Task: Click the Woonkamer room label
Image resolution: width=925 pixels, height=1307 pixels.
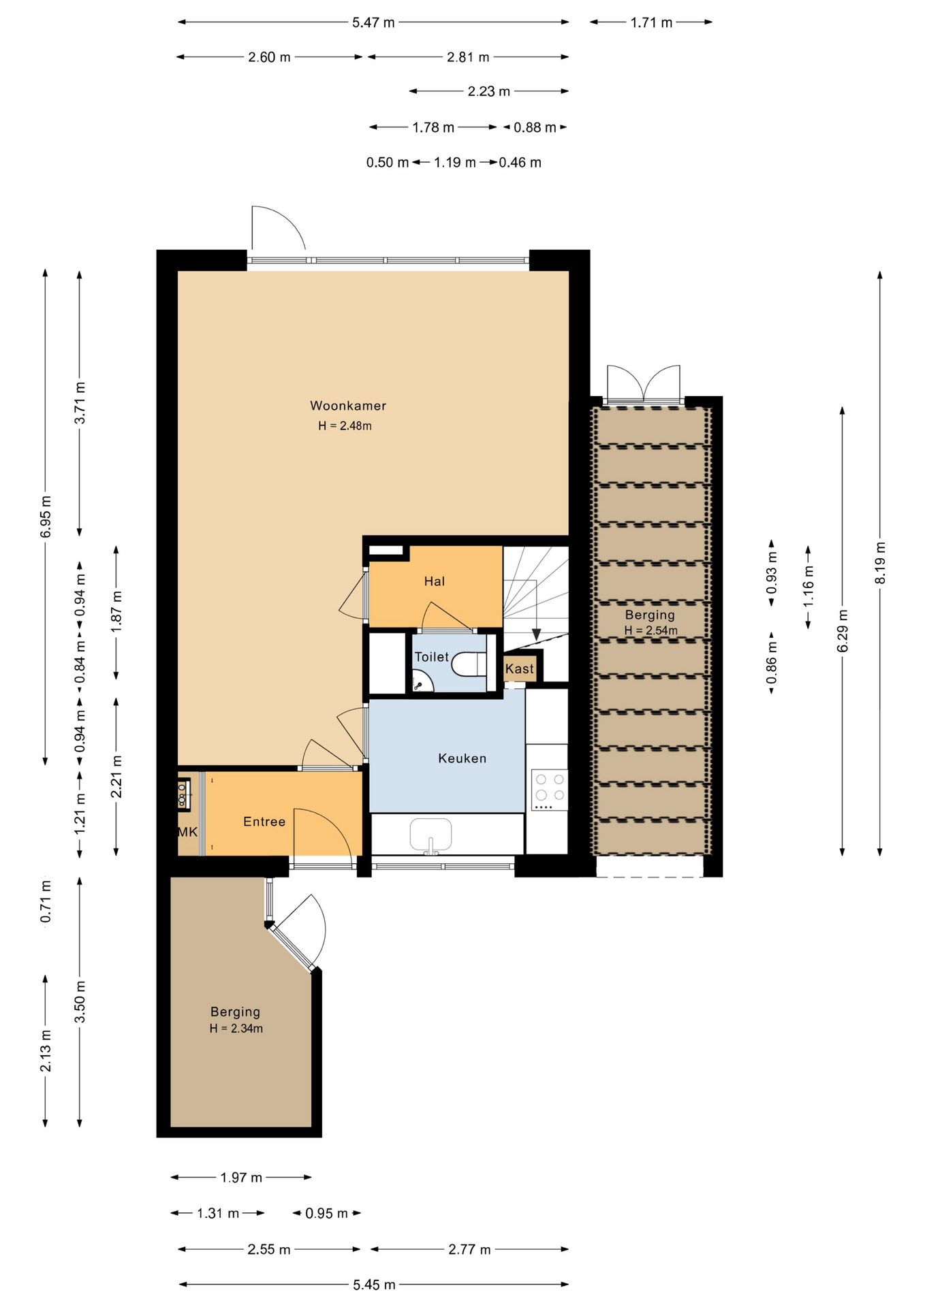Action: [348, 406]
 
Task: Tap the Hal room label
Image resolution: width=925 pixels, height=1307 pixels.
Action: [435, 581]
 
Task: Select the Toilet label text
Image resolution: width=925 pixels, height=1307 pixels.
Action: [432, 657]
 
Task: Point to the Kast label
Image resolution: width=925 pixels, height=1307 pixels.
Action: [520, 669]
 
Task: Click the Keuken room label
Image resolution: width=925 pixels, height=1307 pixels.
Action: [462, 758]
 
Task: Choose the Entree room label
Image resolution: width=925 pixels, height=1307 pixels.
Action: [264, 822]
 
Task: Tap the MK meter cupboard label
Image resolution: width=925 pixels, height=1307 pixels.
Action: [187, 832]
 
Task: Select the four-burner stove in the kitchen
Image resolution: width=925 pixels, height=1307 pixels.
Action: [550, 790]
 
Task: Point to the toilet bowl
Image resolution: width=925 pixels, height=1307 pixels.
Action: [470, 664]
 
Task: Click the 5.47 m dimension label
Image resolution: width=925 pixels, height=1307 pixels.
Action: [373, 22]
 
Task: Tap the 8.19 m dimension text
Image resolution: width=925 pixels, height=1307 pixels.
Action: [880, 563]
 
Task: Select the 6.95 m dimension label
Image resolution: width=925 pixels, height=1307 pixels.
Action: [46, 517]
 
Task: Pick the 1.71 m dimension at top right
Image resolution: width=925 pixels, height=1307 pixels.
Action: [651, 22]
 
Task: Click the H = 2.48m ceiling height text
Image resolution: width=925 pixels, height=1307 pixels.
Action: [345, 426]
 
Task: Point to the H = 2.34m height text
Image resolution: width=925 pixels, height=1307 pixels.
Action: [236, 1029]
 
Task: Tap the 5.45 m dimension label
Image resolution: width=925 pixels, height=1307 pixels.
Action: [374, 1285]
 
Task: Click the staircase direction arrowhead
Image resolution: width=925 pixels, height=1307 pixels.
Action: [536, 634]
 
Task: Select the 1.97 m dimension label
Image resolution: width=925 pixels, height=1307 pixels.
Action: [241, 1177]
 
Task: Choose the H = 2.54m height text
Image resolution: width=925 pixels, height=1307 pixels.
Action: [651, 630]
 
